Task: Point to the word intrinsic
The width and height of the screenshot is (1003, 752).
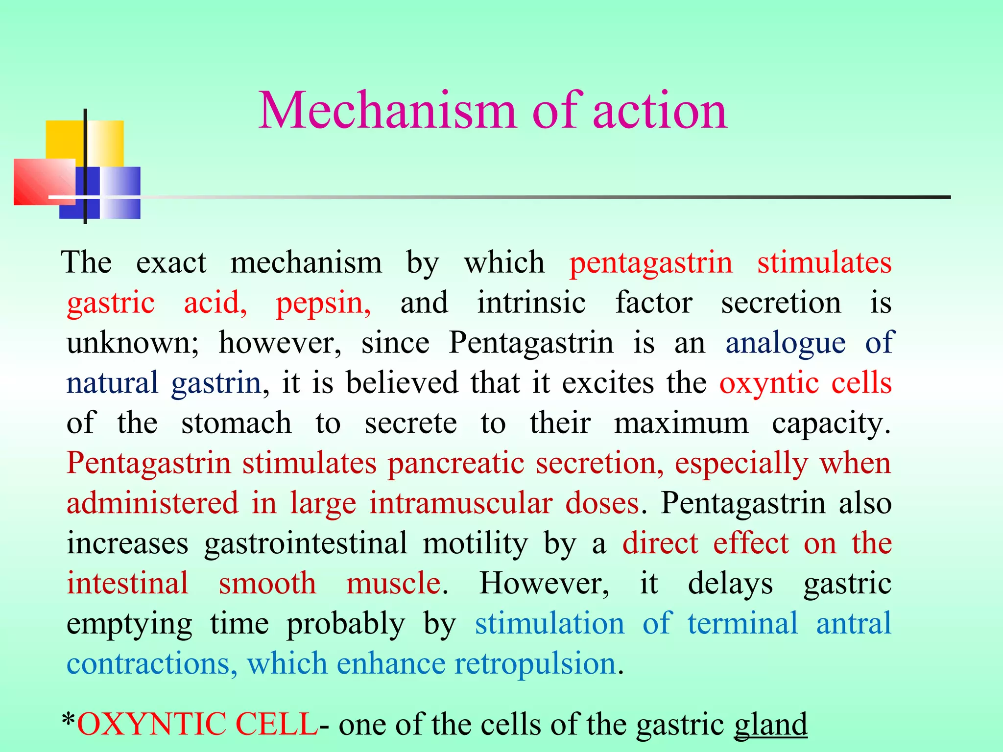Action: (531, 303)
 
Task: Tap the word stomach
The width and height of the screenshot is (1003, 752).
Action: (236, 423)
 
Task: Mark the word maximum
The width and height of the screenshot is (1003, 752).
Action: (681, 423)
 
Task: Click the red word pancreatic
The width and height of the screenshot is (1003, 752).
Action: (456, 463)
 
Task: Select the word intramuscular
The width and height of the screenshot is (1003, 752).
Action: (461, 503)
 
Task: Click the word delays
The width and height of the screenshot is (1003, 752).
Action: (730, 584)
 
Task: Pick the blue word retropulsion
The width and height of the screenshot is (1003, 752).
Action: (535, 664)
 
